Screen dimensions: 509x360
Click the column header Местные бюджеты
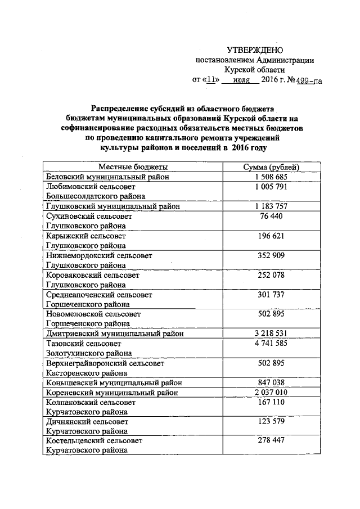click(x=133, y=167)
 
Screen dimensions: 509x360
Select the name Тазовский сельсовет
click(x=83, y=343)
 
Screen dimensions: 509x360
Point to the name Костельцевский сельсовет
click(x=94, y=441)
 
